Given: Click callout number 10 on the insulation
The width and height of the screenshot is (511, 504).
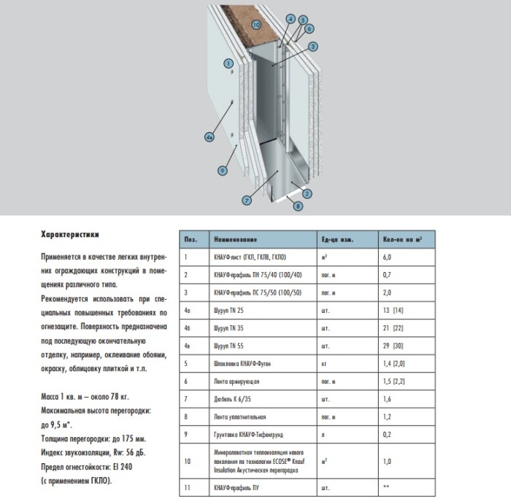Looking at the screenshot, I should tap(256, 24).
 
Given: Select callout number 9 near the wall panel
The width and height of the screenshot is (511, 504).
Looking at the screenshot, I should tap(223, 170).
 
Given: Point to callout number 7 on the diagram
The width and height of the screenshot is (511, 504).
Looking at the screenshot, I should tap(247, 200).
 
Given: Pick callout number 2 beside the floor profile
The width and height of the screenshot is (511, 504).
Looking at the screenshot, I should tap(308, 193).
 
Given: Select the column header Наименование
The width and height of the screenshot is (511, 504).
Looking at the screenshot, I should tap(235, 239).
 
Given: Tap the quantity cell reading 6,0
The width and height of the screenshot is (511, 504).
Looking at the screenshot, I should tap(388, 257).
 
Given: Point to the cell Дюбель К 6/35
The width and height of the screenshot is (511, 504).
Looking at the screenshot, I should tap(231, 398).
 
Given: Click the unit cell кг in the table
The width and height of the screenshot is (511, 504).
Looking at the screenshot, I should tap(323, 363).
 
